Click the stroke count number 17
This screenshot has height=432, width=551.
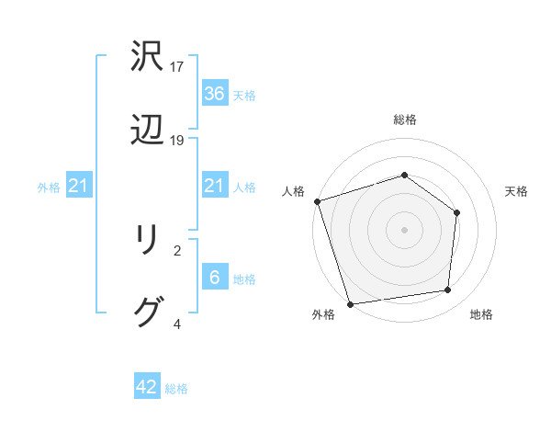[177, 67]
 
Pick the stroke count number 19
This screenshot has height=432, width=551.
[177, 140]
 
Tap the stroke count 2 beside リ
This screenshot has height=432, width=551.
[177, 249]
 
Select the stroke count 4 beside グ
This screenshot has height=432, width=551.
[177, 324]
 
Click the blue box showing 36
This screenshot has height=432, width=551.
[214, 93]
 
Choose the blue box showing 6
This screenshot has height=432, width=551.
[214, 278]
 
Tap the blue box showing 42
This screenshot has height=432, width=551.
[147, 387]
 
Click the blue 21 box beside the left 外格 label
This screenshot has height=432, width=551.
[79, 187]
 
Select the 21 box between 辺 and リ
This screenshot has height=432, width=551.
[214, 187]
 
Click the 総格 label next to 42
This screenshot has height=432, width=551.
[176, 389]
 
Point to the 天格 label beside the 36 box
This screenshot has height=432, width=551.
[243, 95]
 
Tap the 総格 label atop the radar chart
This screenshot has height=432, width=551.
[404, 119]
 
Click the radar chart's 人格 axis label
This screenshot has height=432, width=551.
[293, 191]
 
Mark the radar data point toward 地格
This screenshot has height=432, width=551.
[448, 290]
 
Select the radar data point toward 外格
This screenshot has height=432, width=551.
[350, 303]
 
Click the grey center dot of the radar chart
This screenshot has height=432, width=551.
[404, 229]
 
